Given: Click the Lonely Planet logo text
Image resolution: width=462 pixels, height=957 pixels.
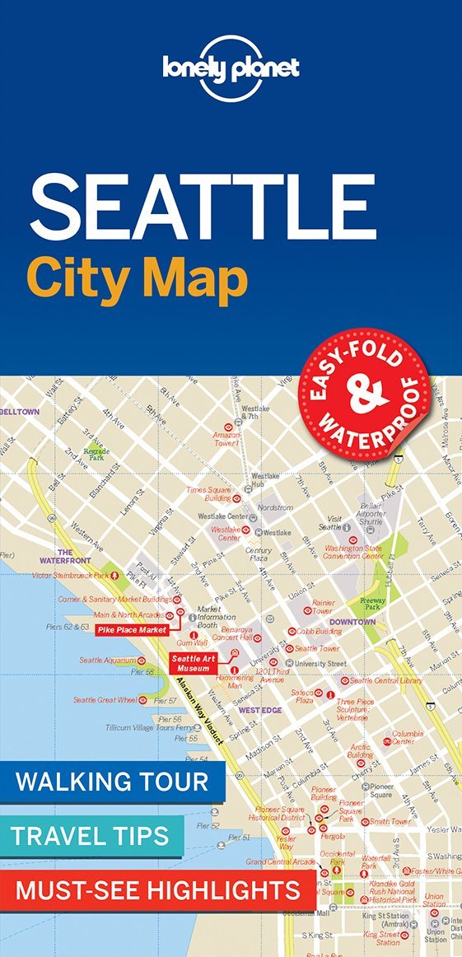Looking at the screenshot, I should pyautogui.click(x=231, y=68).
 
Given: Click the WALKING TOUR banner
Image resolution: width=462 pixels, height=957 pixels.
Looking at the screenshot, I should pyautogui.click(x=112, y=781).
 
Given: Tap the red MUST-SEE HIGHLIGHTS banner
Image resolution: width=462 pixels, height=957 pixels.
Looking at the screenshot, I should pyautogui.click(x=157, y=890).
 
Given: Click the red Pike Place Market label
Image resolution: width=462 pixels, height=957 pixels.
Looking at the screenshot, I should pyautogui.click(x=132, y=630).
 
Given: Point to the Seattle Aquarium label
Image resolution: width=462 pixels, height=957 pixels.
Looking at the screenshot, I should pyautogui.click(x=108, y=661).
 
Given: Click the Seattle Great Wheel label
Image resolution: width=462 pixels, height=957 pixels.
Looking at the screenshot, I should pyautogui.click(x=105, y=700).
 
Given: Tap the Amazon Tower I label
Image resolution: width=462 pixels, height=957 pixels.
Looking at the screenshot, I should pyautogui.click(x=226, y=439).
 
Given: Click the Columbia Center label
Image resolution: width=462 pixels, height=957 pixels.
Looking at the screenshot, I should pyautogui.click(x=408, y=737).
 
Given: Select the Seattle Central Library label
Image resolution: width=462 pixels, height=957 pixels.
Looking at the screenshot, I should pyautogui.click(x=386, y=680).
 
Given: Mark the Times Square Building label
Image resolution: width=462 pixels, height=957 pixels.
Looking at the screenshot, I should pyautogui.click(x=208, y=494).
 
